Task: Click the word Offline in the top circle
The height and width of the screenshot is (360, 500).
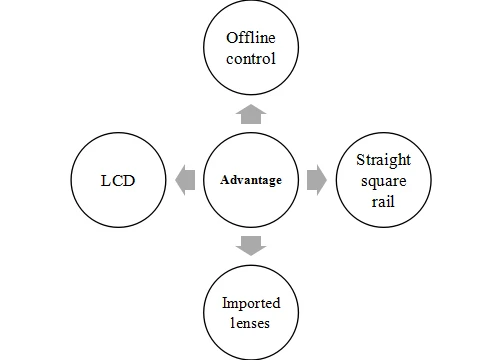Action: click(251, 38)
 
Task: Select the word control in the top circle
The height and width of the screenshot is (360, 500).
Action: click(251, 59)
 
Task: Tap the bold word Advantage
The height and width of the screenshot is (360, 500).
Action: click(251, 180)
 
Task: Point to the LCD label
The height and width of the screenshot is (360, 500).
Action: click(118, 181)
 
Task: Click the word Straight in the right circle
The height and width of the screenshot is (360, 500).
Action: click(383, 161)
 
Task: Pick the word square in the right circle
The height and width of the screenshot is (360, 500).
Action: click(384, 182)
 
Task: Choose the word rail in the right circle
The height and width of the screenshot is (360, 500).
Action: click(383, 202)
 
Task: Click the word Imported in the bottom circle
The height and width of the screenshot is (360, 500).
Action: click(251, 303)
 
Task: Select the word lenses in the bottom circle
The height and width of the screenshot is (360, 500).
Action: click(250, 323)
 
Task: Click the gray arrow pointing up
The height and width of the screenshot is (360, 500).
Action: click(251, 114)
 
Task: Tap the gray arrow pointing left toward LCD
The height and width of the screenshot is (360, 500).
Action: click(185, 180)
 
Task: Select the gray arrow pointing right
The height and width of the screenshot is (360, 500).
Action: click(317, 180)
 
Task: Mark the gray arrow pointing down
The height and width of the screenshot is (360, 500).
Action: click(251, 246)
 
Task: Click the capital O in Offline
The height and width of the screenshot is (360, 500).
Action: click(232, 38)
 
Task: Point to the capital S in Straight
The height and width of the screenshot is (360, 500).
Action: click(360, 160)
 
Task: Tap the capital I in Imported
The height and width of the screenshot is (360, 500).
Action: click(225, 303)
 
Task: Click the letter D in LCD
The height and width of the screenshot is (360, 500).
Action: click(129, 181)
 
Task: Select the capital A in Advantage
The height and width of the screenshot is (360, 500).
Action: click(224, 180)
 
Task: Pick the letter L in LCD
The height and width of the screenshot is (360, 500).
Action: click(105, 181)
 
